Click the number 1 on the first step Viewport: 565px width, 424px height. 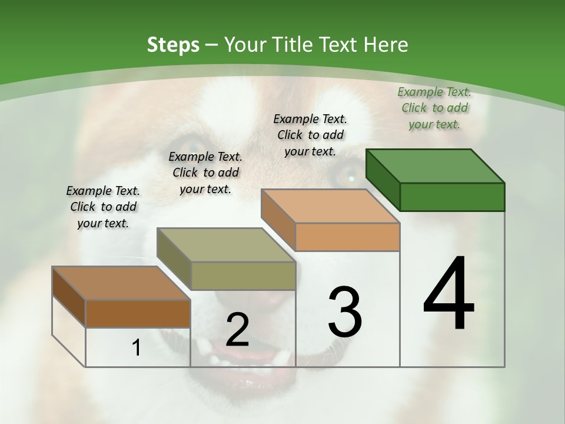click(137, 347)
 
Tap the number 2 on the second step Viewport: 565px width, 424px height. click(237, 330)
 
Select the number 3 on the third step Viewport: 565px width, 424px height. click(345, 312)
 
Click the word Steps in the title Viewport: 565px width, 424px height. click(173, 45)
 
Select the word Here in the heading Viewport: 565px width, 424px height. click(385, 45)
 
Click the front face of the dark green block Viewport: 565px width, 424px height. click(452, 197)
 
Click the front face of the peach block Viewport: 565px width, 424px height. click(347, 237)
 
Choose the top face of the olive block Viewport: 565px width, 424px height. click(226, 245)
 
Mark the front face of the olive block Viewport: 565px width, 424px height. click(243, 276)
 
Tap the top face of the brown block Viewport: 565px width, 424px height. click(121, 283)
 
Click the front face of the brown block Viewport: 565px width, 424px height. click(138, 313)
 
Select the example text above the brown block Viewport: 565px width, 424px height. click(103, 207)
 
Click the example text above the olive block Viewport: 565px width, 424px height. click(205, 173)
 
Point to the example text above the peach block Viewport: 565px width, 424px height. click(310, 135)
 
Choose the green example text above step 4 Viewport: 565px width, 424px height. click(434, 108)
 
